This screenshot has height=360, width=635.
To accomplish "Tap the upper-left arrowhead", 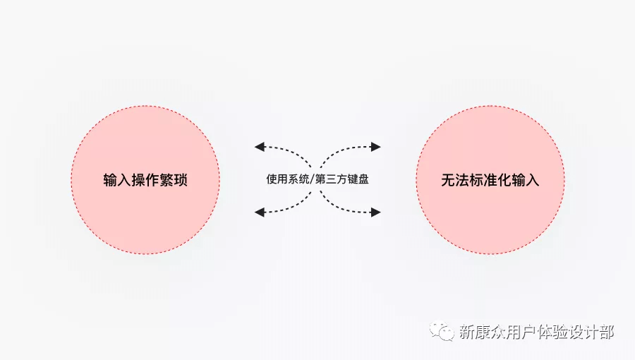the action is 259,147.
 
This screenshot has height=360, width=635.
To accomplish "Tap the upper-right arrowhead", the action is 376,147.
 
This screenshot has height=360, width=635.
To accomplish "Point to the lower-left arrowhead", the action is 259,212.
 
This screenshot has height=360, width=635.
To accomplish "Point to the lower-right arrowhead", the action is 376,212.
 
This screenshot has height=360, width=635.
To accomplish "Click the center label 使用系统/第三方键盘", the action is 317,179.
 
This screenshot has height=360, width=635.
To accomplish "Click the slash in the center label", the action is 312,179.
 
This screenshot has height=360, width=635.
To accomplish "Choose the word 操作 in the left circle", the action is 145,180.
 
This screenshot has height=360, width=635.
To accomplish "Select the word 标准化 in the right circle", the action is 490,180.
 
